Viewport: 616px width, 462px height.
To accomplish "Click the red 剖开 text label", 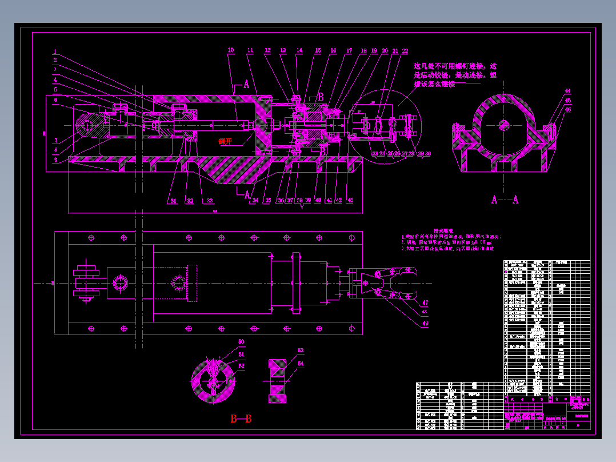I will tap(226, 141).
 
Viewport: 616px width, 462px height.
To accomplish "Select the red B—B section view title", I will tap(241, 419).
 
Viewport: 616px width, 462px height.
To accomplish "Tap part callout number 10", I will tap(231, 50).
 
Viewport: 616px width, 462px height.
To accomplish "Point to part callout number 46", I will tap(567, 109).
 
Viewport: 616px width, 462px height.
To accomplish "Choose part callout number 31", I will tap(173, 201).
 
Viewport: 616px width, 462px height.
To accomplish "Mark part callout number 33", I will tap(210, 201).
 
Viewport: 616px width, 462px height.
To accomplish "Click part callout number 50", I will tap(241, 342).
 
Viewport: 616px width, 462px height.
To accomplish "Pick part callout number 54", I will tap(301, 364).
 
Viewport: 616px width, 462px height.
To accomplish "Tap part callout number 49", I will tap(425, 324).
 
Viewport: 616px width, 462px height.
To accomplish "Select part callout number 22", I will tap(405, 51).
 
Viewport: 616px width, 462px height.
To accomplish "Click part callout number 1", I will tap(55, 51).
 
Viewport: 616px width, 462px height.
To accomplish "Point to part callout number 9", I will tap(55, 160).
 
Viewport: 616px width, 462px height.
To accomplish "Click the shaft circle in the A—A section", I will tap(503, 124).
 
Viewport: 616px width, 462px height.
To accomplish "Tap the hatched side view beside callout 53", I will tap(278, 380).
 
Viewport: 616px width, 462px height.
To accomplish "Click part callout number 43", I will tap(350, 200).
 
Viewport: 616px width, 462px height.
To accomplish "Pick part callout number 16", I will tap(333, 51).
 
